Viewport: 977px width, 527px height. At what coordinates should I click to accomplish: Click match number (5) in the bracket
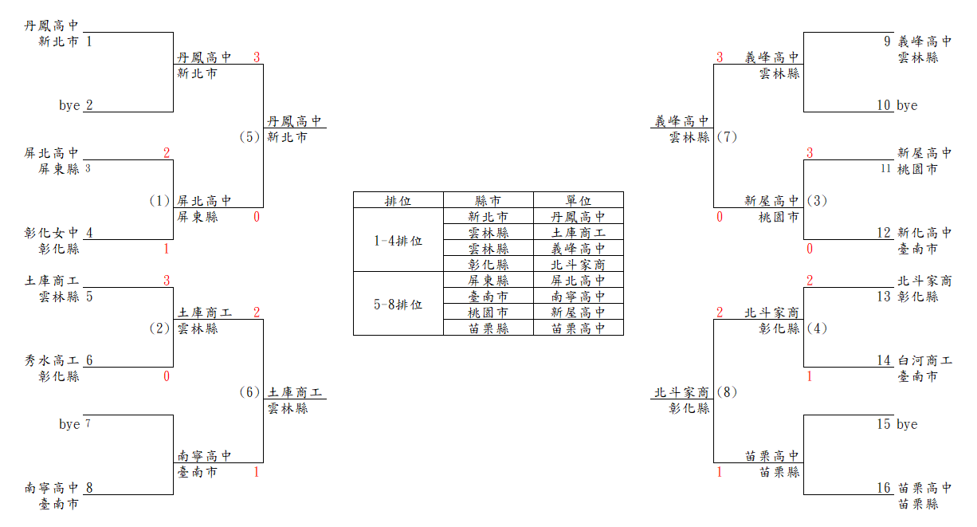pos(249,137)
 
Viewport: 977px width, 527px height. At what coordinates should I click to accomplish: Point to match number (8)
pos(727,392)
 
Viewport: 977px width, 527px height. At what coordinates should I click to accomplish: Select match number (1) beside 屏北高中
pos(159,201)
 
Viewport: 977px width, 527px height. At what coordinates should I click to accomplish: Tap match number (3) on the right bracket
pos(817,201)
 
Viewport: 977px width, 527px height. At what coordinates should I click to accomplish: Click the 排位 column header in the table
pos(398,201)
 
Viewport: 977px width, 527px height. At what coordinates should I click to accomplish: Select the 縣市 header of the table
pos(488,201)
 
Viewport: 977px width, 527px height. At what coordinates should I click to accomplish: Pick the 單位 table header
pos(579,201)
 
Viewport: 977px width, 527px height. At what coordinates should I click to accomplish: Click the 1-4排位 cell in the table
pos(398,240)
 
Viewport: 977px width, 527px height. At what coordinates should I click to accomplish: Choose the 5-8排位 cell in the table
pos(398,304)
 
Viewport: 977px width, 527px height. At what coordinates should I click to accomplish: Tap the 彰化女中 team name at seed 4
pos(52,233)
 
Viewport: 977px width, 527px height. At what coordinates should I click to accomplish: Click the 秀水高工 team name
pos(52,360)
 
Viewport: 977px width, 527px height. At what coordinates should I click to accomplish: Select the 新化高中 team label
pos(924,233)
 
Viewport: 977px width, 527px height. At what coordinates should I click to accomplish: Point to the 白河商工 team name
pos(924,360)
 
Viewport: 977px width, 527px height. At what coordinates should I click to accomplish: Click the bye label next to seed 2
pos(69,105)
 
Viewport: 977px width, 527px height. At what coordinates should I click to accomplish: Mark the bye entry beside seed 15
pos(907,424)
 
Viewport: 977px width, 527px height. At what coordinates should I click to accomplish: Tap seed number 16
pos(884,488)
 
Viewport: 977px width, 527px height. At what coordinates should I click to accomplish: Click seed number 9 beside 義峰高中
pos(887,41)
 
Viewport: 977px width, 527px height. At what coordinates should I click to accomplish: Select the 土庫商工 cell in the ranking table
pos(579,233)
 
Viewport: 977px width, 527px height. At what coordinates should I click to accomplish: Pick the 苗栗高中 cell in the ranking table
pos(579,328)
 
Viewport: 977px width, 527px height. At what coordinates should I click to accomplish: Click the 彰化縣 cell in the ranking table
pos(488,265)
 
